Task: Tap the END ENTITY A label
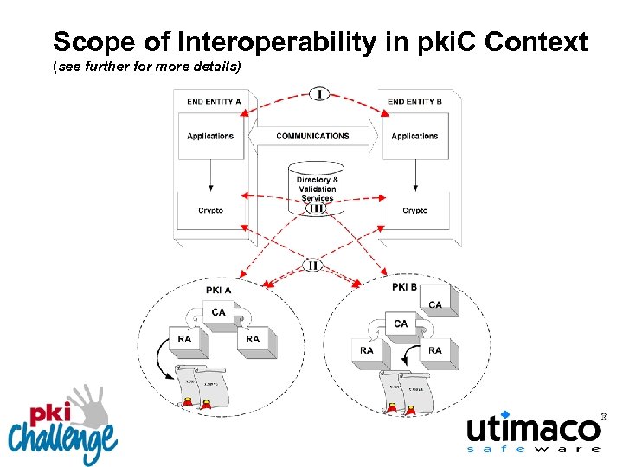214,102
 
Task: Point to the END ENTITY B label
414,102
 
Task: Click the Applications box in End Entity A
210,136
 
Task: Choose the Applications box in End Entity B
414,136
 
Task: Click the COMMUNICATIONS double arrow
312,136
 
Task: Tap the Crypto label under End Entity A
210,210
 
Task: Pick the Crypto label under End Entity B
414,210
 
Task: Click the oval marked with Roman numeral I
318,93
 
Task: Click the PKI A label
218,290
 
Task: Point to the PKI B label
405,286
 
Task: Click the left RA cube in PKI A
185,341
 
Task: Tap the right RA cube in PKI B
436,352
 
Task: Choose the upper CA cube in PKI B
436,306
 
